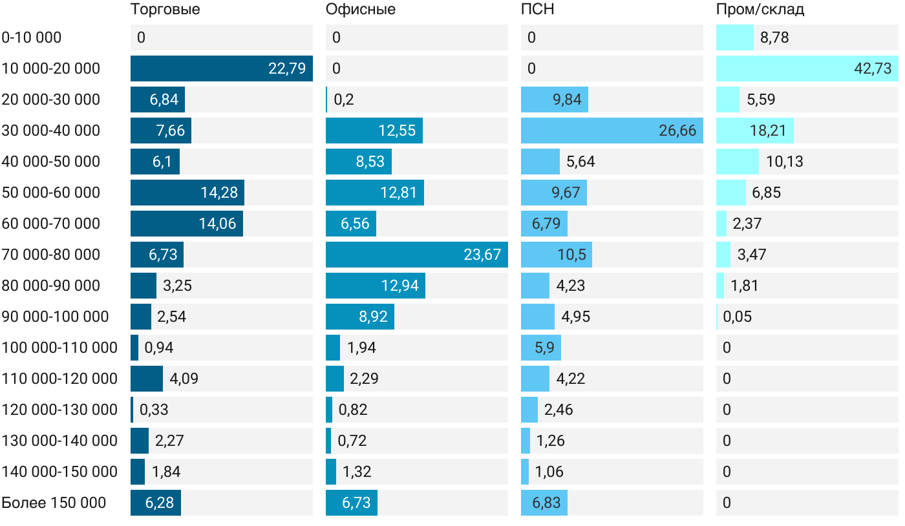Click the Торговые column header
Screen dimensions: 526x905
coord(165,10)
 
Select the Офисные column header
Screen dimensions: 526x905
coord(361,10)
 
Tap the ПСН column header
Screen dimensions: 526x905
coord(538,10)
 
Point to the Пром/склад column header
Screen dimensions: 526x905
coord(760,10)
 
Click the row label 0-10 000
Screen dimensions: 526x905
coord(32,37)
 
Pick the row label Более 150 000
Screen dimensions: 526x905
coord(54,503)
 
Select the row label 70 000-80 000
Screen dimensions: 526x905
coord(51,255)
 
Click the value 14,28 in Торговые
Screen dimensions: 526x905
coord(219,193)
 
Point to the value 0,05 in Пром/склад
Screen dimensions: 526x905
coord(738,317)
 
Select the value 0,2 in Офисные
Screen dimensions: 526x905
coord(344,100)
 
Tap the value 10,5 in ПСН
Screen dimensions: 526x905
coord(572,255)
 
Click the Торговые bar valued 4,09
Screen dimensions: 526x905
coord(147,379)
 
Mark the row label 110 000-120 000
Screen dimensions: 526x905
coord(59,379)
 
